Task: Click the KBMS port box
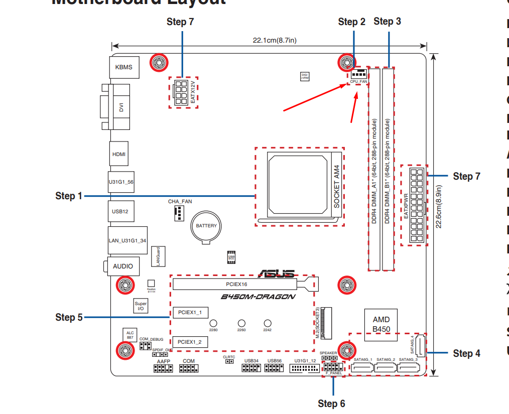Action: [124, 67]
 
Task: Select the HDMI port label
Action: [119, 155]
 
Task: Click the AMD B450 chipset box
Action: [381, 324]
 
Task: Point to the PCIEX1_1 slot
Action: [190, 313]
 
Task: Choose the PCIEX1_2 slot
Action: [190, 342]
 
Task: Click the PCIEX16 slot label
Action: [236, 284]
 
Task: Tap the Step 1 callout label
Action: [68, 196]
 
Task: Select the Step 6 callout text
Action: [331, 403]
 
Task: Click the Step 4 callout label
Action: [466, 353]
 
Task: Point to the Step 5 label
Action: [69, 317]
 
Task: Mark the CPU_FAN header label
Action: [358, 81]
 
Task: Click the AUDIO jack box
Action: [123, 266]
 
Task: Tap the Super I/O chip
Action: [141, 306]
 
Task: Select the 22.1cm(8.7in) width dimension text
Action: [274, 41]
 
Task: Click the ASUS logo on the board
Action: [276, 274]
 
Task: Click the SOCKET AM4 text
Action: [337, 187]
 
